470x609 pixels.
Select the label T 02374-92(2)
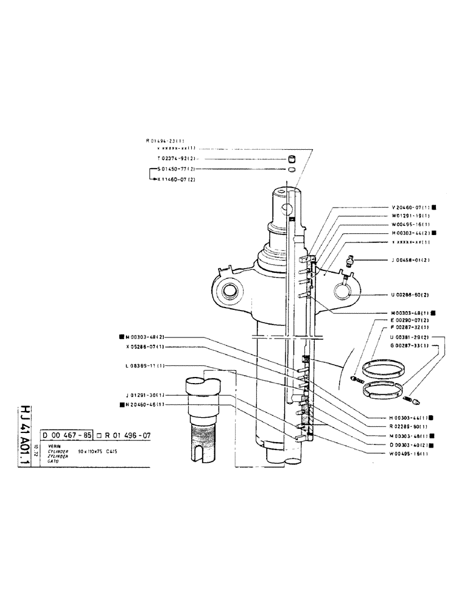coord(176,158)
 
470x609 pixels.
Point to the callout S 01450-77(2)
coord(177,169)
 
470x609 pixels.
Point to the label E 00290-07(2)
coord(410,320)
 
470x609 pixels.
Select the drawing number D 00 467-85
coord(67,435)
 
